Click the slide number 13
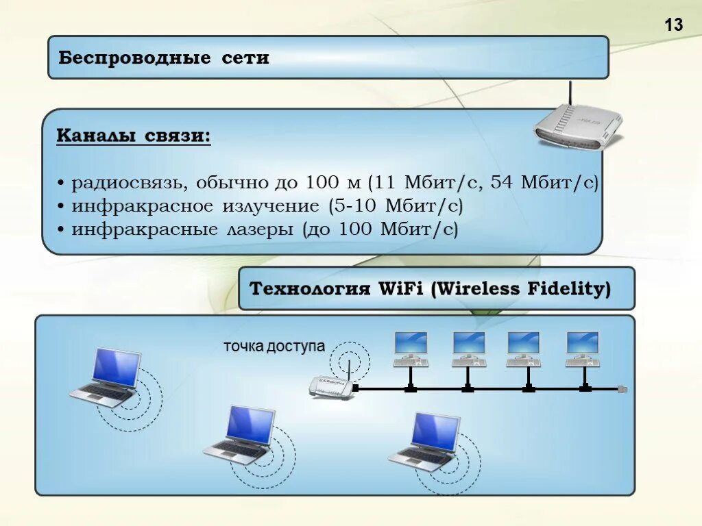[674, 25]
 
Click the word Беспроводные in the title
[134, 58]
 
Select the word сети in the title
[245, 58]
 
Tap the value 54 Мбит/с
[555, 183]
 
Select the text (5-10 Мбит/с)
[395, 205]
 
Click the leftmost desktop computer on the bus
[411, 348]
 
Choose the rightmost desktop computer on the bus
[583, 348]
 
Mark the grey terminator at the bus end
[622, 388]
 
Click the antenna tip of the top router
[570, 84]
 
